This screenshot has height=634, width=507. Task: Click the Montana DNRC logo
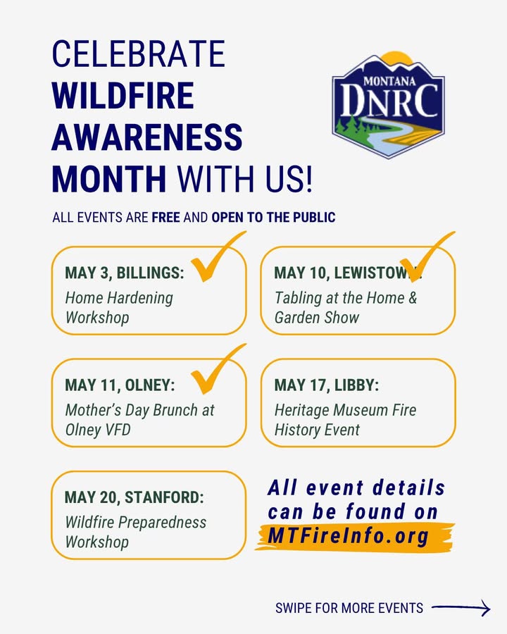pos(388,105)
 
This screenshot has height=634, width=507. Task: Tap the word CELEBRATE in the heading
pos(138,54)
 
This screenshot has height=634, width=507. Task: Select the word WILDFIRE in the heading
pos(123,95)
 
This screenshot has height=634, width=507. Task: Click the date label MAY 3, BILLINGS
pos(125,273)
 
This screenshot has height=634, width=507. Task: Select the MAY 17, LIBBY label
pos(327,385)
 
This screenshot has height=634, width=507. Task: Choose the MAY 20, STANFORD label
pos(134,497)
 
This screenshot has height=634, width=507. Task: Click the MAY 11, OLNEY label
pos(120,385)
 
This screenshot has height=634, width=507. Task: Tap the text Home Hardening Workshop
pos(119,308)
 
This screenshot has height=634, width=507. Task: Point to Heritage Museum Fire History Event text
pos(345,420)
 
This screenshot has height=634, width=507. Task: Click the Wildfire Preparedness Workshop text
pos(135,532)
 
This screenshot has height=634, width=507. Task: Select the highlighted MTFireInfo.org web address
pos(349,537)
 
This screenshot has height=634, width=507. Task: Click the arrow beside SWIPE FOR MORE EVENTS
pos(461,608)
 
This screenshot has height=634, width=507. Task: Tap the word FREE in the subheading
pos(165,218)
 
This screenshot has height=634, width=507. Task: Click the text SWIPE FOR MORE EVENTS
pos(349,608)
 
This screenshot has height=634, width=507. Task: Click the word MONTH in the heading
pos(109,178)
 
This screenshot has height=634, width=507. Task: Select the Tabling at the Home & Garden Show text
pos(346,308)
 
